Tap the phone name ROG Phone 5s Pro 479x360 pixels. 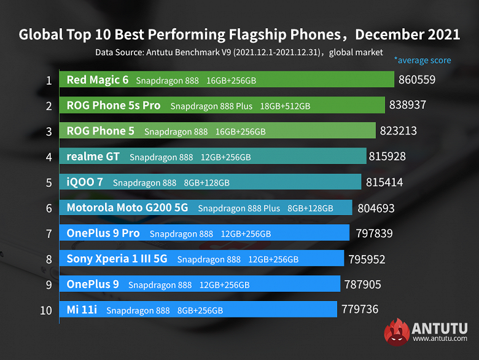pyautogui.click(x=114, y=106)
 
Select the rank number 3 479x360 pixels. pyautogui.click(x=49, y=131)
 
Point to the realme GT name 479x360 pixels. pyautogui.click(x=93, y=157)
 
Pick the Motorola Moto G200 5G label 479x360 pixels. pyautogui.click(x=127, y=208)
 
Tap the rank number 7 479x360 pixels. pyautogui.click(x=49, y=233)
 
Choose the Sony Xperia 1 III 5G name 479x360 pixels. pyautogui.click(x=117, y=259)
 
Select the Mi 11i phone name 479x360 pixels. pyautogui.click(x=82, y=310)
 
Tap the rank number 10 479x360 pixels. pyautogui.click(x=46, y=310)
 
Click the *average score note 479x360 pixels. pyautogui.click(x=423, y=60)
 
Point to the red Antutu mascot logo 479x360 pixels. pyautogui.click(x=397, y=333)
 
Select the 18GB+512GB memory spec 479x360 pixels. pyautogui.click(x=285, y=106)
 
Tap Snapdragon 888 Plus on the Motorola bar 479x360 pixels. pyautogui.click(x=239, y=208)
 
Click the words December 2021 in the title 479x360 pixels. pyautogui.click(x=408, y=34)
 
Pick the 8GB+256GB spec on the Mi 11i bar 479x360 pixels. pyautogui.click(x=200, y=310)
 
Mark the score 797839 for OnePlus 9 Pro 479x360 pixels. pyautogui.click(x=374, y=233)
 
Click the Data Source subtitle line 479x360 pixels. pyautogui.click(x=239, y=52)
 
